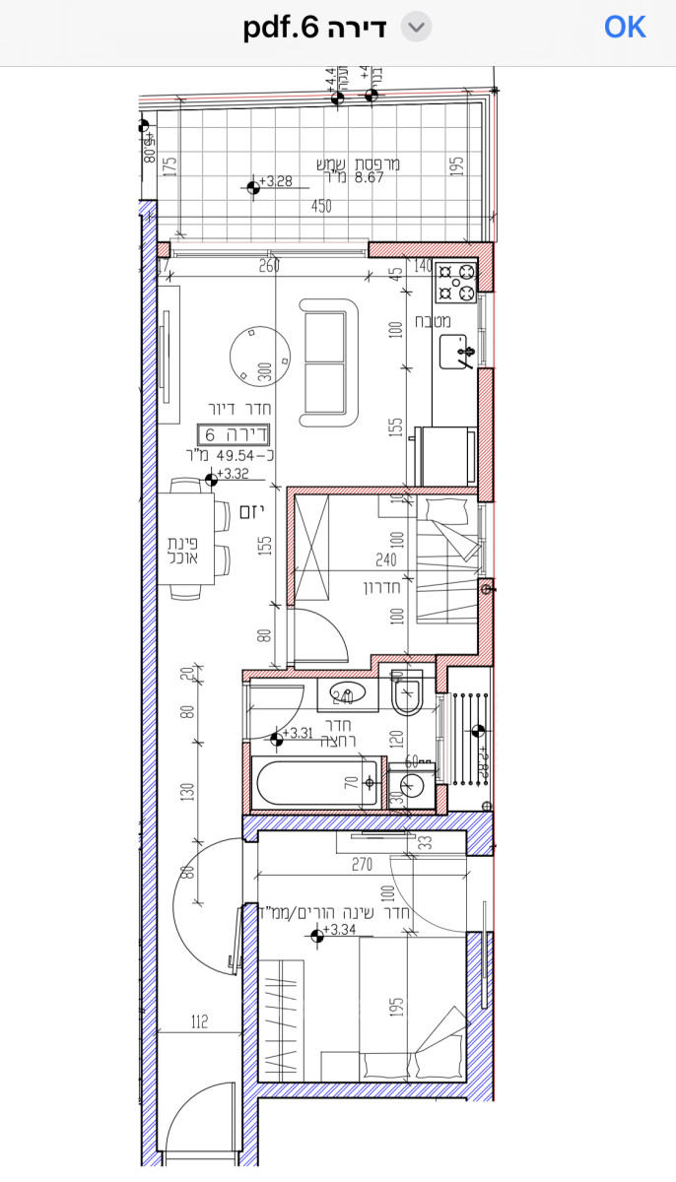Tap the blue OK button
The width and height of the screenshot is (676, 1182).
(625, 28)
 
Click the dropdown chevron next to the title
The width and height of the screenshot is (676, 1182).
(417, 28)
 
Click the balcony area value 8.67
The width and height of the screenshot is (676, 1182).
(369, 178)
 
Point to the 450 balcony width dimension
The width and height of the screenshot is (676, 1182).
(321, 207)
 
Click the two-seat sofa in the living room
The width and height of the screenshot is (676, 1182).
(331, 362)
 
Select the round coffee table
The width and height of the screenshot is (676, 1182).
(260, 357)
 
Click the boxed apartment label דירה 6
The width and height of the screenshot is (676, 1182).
(234, 433)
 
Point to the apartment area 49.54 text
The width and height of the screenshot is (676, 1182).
(234, 455)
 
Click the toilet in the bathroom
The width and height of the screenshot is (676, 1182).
(406, 696)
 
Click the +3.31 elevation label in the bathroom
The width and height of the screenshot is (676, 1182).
(297, 733)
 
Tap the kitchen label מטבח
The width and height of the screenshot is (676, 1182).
(434, 321)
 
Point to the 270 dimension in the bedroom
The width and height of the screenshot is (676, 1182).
(362, 866)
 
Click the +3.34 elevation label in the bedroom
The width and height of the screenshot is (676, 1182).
(338, 930)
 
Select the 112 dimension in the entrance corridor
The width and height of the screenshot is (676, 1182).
(200, 1022)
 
